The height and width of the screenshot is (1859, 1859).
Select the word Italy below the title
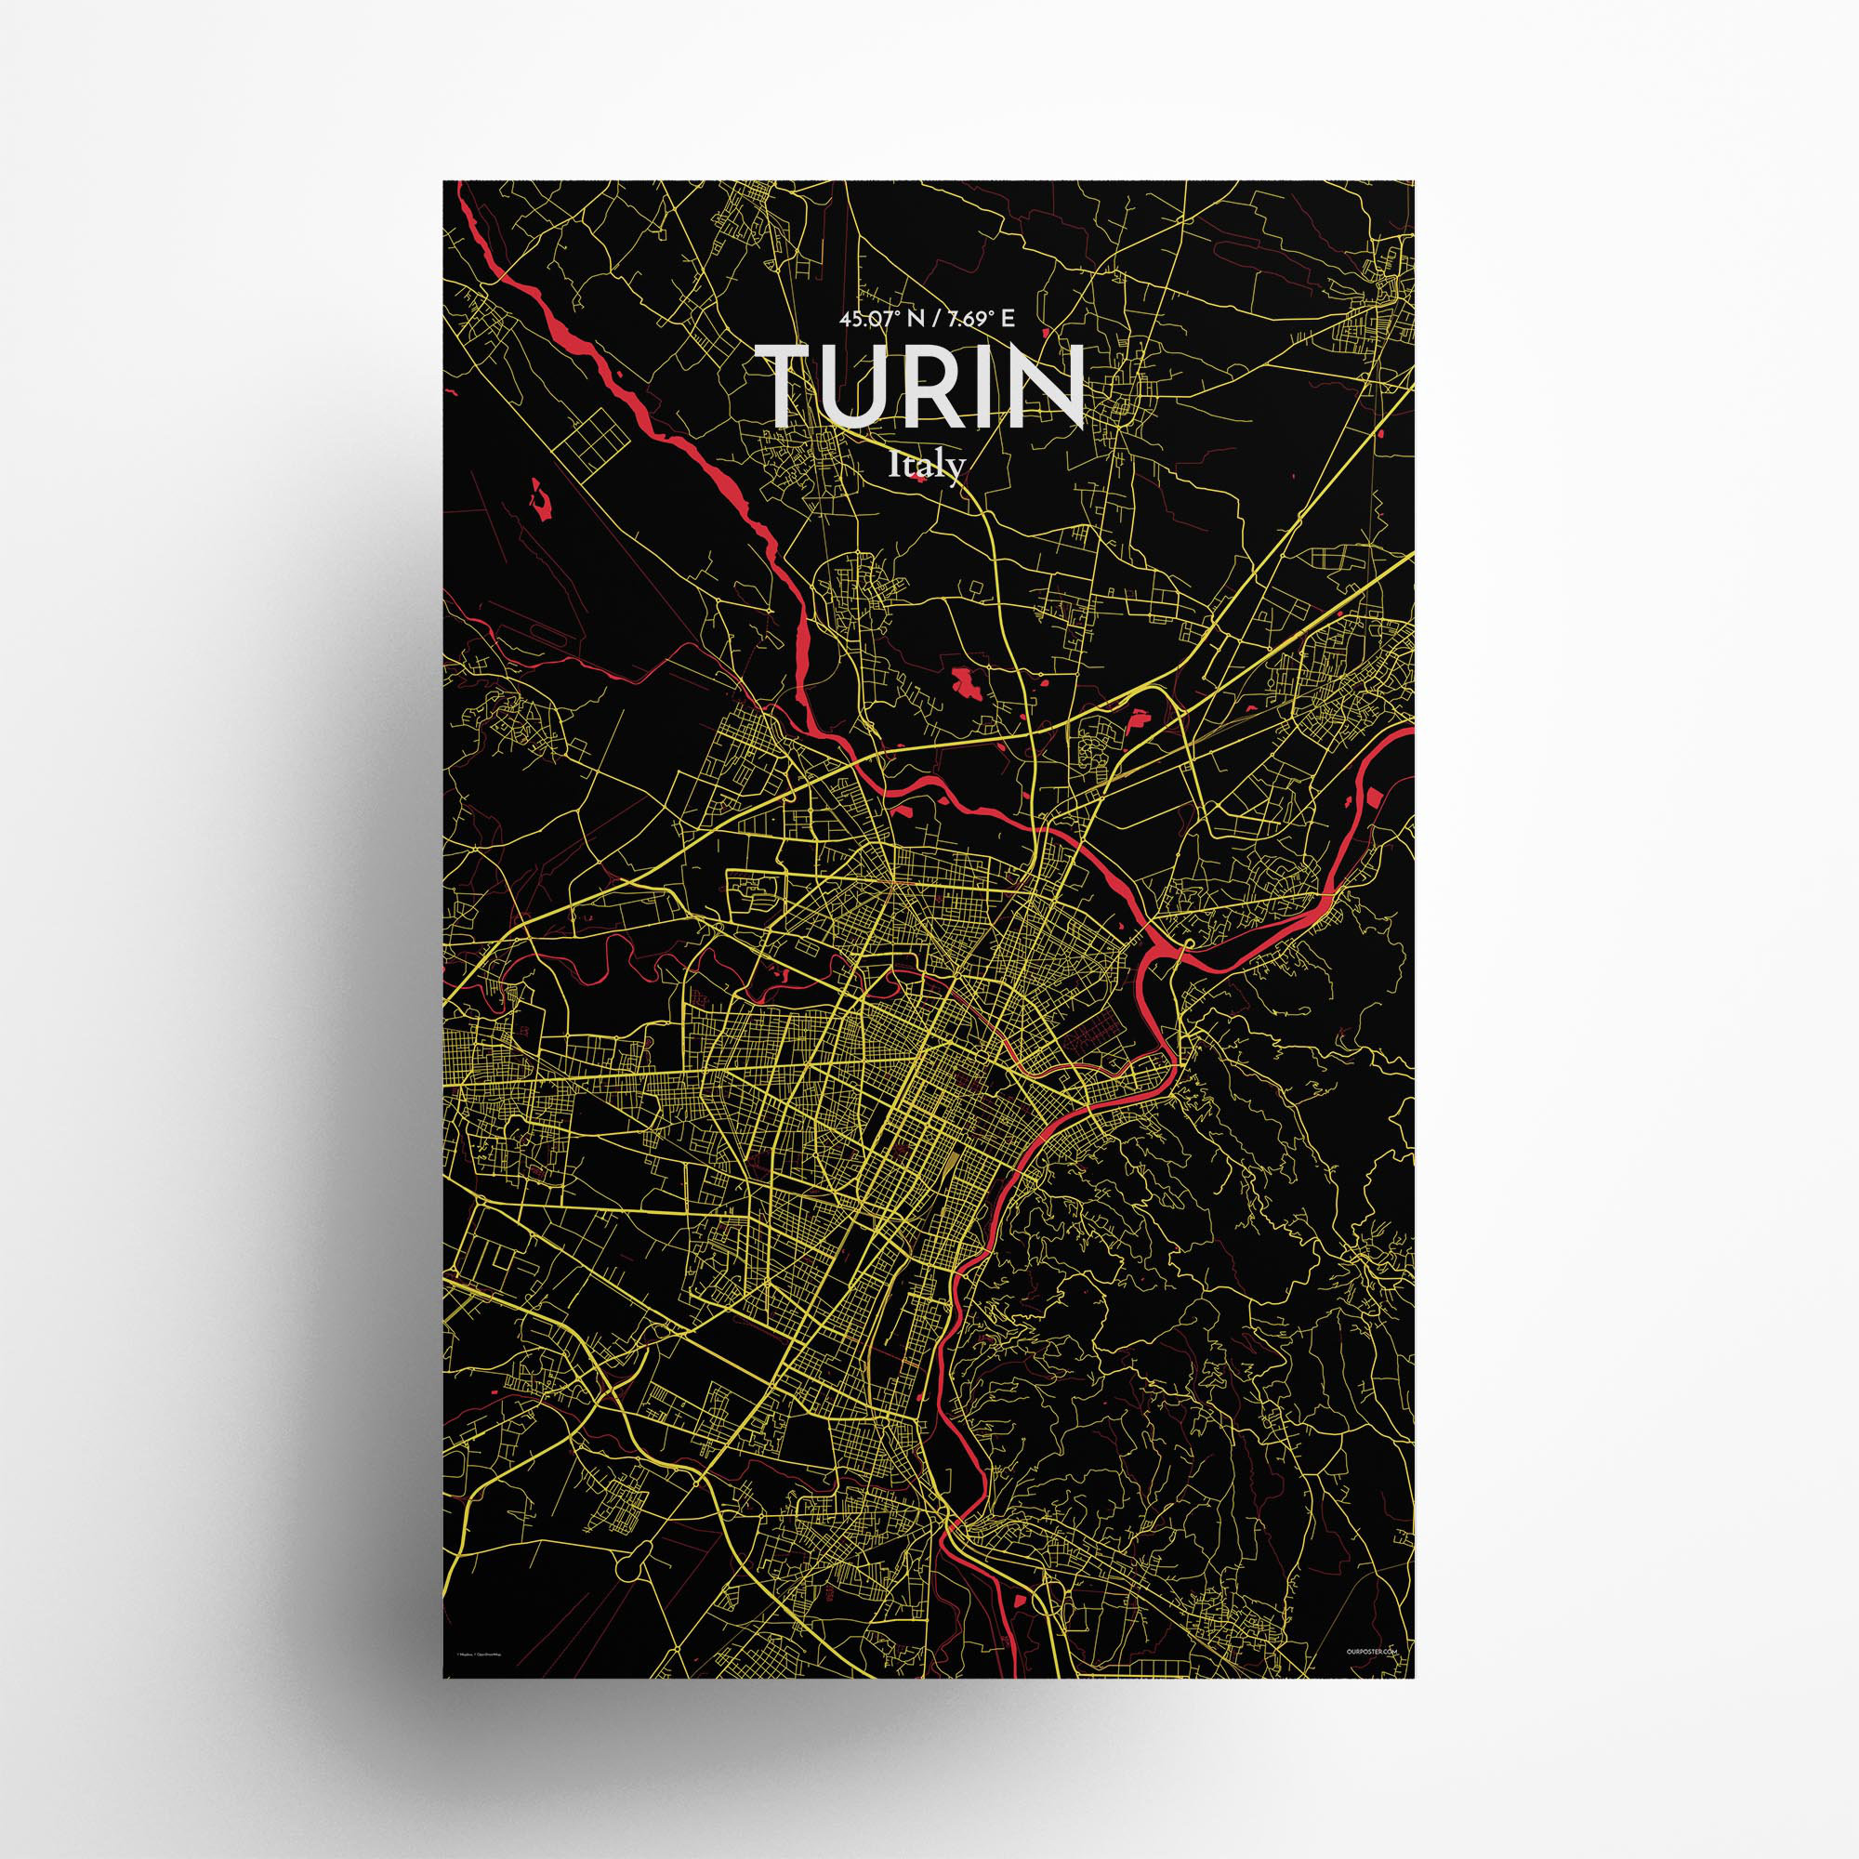[927, 466]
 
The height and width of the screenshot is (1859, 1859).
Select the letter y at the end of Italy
[956, 469]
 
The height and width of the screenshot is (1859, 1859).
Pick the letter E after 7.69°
[1008, 322]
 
